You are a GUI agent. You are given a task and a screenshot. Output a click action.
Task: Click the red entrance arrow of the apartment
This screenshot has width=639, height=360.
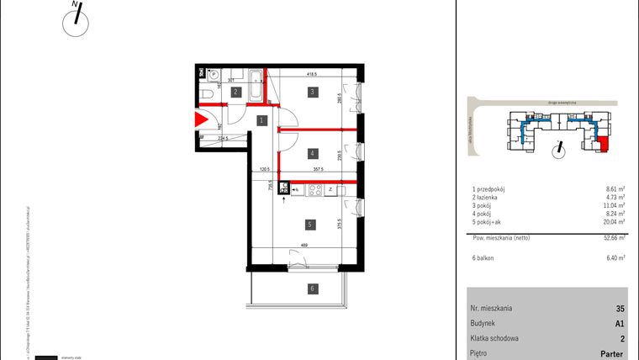point(202,120)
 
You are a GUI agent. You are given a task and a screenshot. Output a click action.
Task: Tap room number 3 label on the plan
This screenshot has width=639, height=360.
point(311,91)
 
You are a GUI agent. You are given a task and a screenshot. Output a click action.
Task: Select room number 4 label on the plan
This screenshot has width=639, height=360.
point(311,153)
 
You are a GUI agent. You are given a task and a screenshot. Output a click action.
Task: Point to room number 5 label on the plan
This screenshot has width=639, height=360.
point(311,225)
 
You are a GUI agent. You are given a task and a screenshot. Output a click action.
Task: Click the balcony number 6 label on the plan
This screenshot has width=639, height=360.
point(312,289)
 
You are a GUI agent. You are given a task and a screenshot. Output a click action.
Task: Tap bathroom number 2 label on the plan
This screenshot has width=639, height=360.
point(236,92)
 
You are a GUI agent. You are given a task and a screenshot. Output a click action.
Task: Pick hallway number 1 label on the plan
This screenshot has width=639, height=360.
point(261,121)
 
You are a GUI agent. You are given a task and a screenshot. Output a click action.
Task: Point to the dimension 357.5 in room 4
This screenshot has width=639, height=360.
point(319,170)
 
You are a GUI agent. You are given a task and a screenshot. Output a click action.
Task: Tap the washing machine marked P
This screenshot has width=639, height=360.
point(213,73)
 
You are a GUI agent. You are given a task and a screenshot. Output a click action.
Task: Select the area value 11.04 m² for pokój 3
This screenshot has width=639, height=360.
point(615,205)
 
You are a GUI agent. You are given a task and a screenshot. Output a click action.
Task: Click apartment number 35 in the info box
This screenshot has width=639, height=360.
point(620,309)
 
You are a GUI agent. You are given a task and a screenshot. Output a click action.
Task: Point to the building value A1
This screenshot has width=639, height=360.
point(620,323)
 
